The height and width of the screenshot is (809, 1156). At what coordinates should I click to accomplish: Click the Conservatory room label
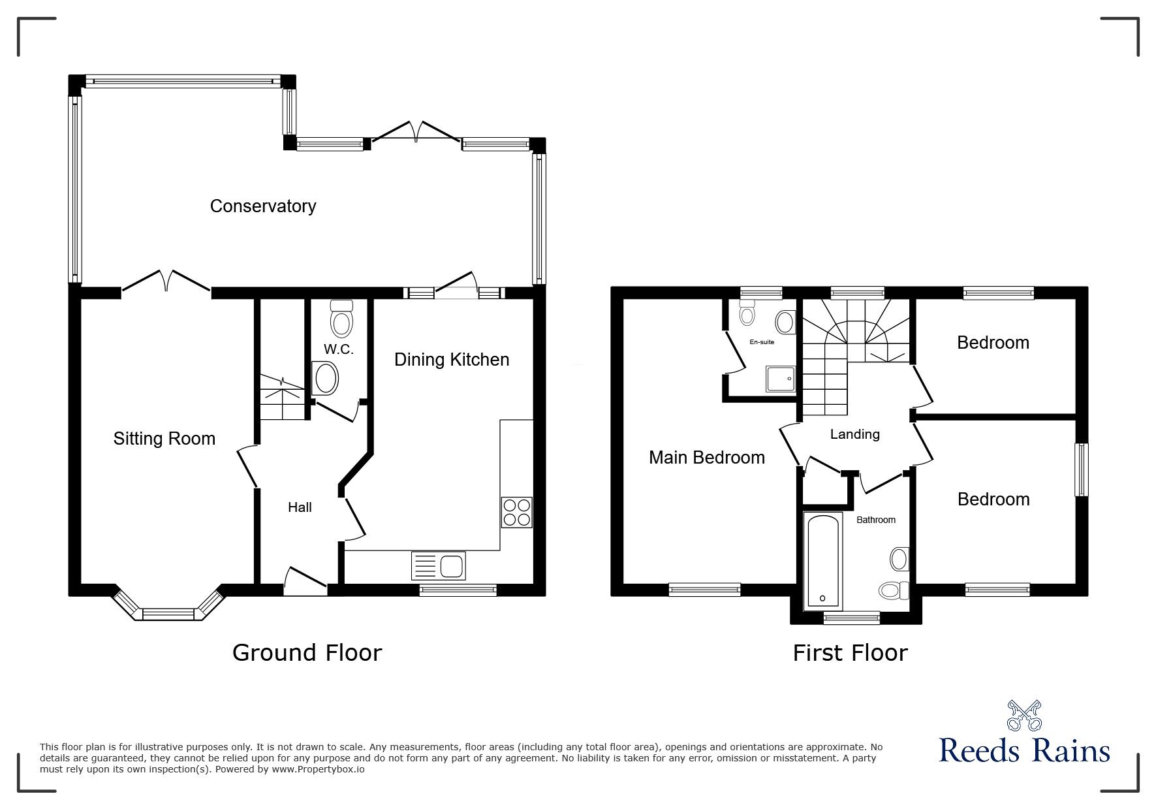(x=263, y=206)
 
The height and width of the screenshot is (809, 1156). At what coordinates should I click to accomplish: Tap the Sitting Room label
(x=164, y=438)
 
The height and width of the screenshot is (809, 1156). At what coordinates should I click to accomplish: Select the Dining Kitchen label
(x=452, y=360)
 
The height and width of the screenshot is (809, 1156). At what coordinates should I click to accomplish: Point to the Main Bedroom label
(x=707, y=457)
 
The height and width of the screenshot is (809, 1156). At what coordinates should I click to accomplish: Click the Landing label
(x=854, y=434)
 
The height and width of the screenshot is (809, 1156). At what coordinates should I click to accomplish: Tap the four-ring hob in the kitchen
(x=517, y=512)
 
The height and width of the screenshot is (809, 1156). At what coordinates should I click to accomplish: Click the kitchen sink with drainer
(x=438, y=565)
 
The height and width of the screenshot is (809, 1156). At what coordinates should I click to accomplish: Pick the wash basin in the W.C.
(x=326, y=379)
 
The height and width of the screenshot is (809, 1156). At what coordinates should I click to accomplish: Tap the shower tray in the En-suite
(x=781, y=378)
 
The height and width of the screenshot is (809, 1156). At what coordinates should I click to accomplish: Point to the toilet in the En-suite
(x=747, y=313)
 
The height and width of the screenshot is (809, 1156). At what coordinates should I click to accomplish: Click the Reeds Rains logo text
(x=1024, y=751)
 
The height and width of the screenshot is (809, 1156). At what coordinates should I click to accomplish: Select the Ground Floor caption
(x=307, y=652)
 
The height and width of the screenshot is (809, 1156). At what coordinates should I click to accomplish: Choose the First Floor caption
(x=850, y=652)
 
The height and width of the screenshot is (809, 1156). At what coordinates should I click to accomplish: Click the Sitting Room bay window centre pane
(x=168, y=614)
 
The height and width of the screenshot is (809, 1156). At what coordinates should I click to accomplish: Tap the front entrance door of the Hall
(x=305, y=581)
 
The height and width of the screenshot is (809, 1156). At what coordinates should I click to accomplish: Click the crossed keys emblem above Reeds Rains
(x=1024, y=715)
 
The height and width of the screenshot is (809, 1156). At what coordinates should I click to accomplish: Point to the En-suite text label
(x=761, y=342)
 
